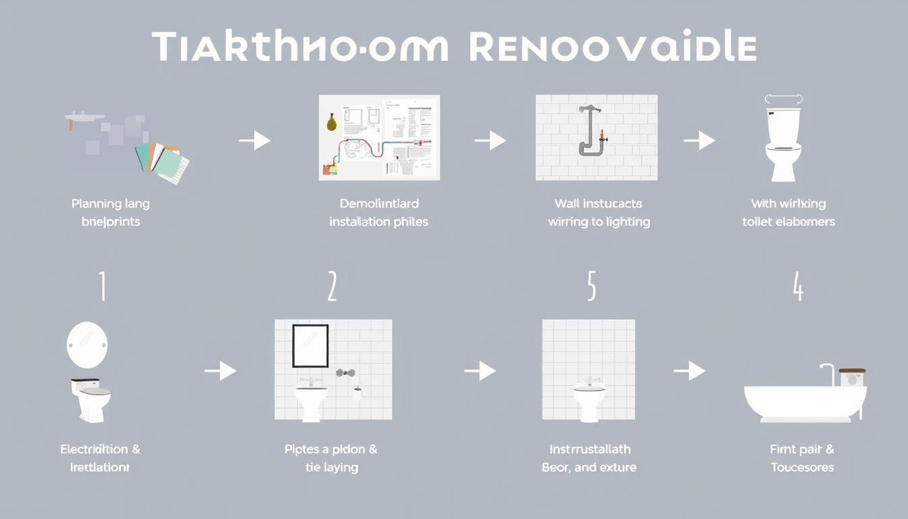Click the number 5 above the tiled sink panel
591,287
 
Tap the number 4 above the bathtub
798,287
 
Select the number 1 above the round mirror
102,287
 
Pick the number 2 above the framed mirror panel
332,287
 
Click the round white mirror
87,345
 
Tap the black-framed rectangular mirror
310,346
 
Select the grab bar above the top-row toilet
783,99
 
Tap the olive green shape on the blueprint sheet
332,122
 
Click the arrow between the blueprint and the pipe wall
490,141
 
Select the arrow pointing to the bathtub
689,370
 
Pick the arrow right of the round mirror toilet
220,370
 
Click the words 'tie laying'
332,467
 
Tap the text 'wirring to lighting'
599,222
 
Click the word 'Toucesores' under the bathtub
802,467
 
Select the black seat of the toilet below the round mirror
85,382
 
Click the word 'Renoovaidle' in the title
611,47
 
